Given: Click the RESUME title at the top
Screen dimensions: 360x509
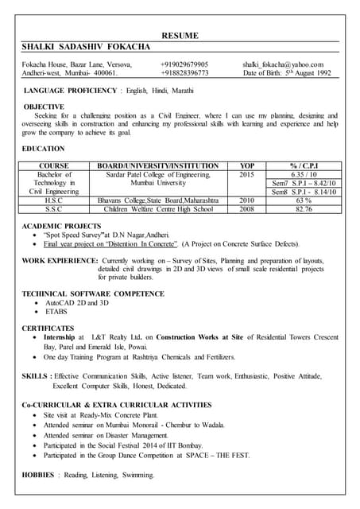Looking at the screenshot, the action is click(x=180, y=36).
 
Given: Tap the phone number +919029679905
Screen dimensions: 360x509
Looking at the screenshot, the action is click(x=184, y=64).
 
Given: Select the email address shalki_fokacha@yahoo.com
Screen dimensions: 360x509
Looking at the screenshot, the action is click(x=283, y=64).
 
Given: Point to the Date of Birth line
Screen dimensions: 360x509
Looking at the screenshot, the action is click(x=287, y=73).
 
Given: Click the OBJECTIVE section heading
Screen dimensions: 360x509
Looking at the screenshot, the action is click(x=45, y=106).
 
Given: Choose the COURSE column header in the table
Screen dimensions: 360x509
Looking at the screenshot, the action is click(x=53, y=165).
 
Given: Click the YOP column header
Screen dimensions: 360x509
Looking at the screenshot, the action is click(x=246, y=165).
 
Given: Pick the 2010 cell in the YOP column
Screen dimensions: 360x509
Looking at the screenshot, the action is click(x=246, y=200).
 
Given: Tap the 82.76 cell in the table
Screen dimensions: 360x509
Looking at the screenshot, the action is click(x=304, y=209).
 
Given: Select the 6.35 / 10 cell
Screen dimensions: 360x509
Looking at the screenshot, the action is click(x=304, y=174).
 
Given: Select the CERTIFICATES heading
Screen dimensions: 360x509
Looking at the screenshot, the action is click(x=48, y=328).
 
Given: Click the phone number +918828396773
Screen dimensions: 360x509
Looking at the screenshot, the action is click(x=184, y=73).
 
